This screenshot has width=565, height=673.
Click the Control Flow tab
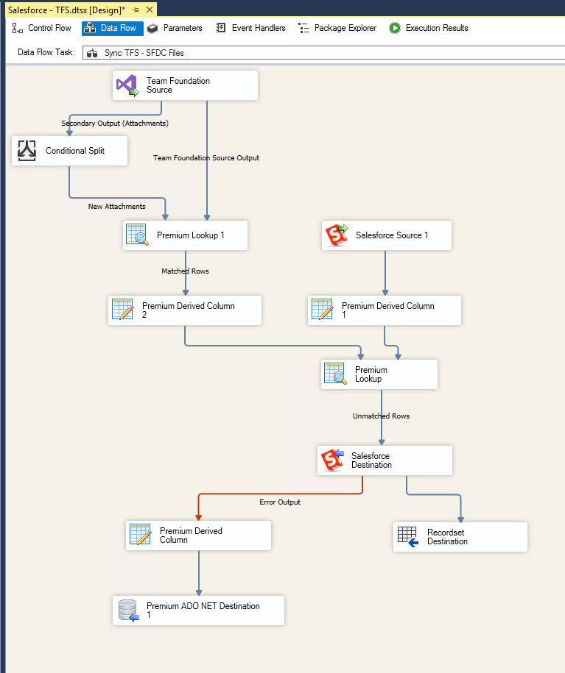click(x=42, y=28)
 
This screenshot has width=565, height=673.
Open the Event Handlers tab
click(x=250, y=28)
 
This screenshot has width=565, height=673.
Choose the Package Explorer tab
click(x=337, y=28)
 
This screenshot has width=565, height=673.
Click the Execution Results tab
click(x=429, y=28)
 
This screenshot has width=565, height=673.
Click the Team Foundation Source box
click(x=185, y=85)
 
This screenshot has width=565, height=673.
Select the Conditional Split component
click(x=69, y=151)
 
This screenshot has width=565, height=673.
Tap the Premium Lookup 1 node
click(x=185, y=235)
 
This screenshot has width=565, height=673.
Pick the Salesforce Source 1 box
click(x=386, y=235)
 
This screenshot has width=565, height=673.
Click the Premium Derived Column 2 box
click(x=185, y=310)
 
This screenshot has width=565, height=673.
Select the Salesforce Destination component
click(x=385, y=460)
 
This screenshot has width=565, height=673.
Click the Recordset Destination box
click(x=460, y=537)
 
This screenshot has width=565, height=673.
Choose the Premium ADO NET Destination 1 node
click(x=198, y=610)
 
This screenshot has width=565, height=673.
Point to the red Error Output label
click(x=280, y=502)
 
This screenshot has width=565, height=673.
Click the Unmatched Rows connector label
click(x=381, y=416)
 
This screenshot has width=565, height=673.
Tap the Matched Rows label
click(x=185, y=271)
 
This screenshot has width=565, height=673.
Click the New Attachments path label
click(x=116, y=207)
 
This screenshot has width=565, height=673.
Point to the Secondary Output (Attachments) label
click(x=115, y=124)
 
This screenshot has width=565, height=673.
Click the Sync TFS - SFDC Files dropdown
click(x=324, y=52)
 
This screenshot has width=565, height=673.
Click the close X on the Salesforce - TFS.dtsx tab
click(x=150, y=10)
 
